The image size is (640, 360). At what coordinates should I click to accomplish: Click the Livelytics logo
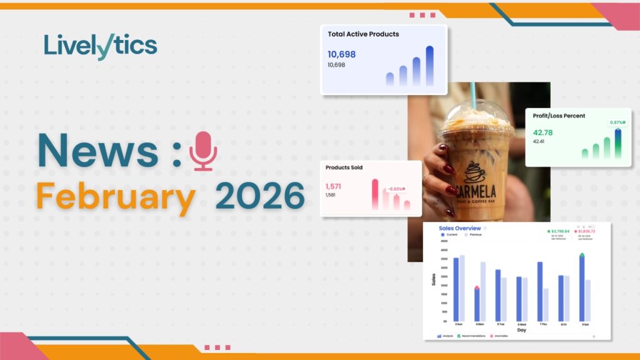point(101,46)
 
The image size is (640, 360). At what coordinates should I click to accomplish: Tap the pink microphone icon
point(203,151)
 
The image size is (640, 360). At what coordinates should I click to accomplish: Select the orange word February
point(114,197)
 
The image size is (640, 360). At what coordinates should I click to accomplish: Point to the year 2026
point(260,197)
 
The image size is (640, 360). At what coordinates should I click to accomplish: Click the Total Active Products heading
point(363,34)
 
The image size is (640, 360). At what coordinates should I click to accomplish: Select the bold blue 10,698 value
point(341,54)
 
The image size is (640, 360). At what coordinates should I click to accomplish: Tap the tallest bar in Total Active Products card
point(429,66)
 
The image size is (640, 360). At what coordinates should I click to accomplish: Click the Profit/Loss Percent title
point(560,116)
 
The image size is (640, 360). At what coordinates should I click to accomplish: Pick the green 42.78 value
point(543,132)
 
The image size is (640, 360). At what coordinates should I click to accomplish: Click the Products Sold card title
point(344,167)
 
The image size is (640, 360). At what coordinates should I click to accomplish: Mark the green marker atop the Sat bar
point(582,255)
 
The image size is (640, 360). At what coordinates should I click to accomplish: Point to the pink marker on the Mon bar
point(477,288)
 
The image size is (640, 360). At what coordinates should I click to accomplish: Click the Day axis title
point(521,330)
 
